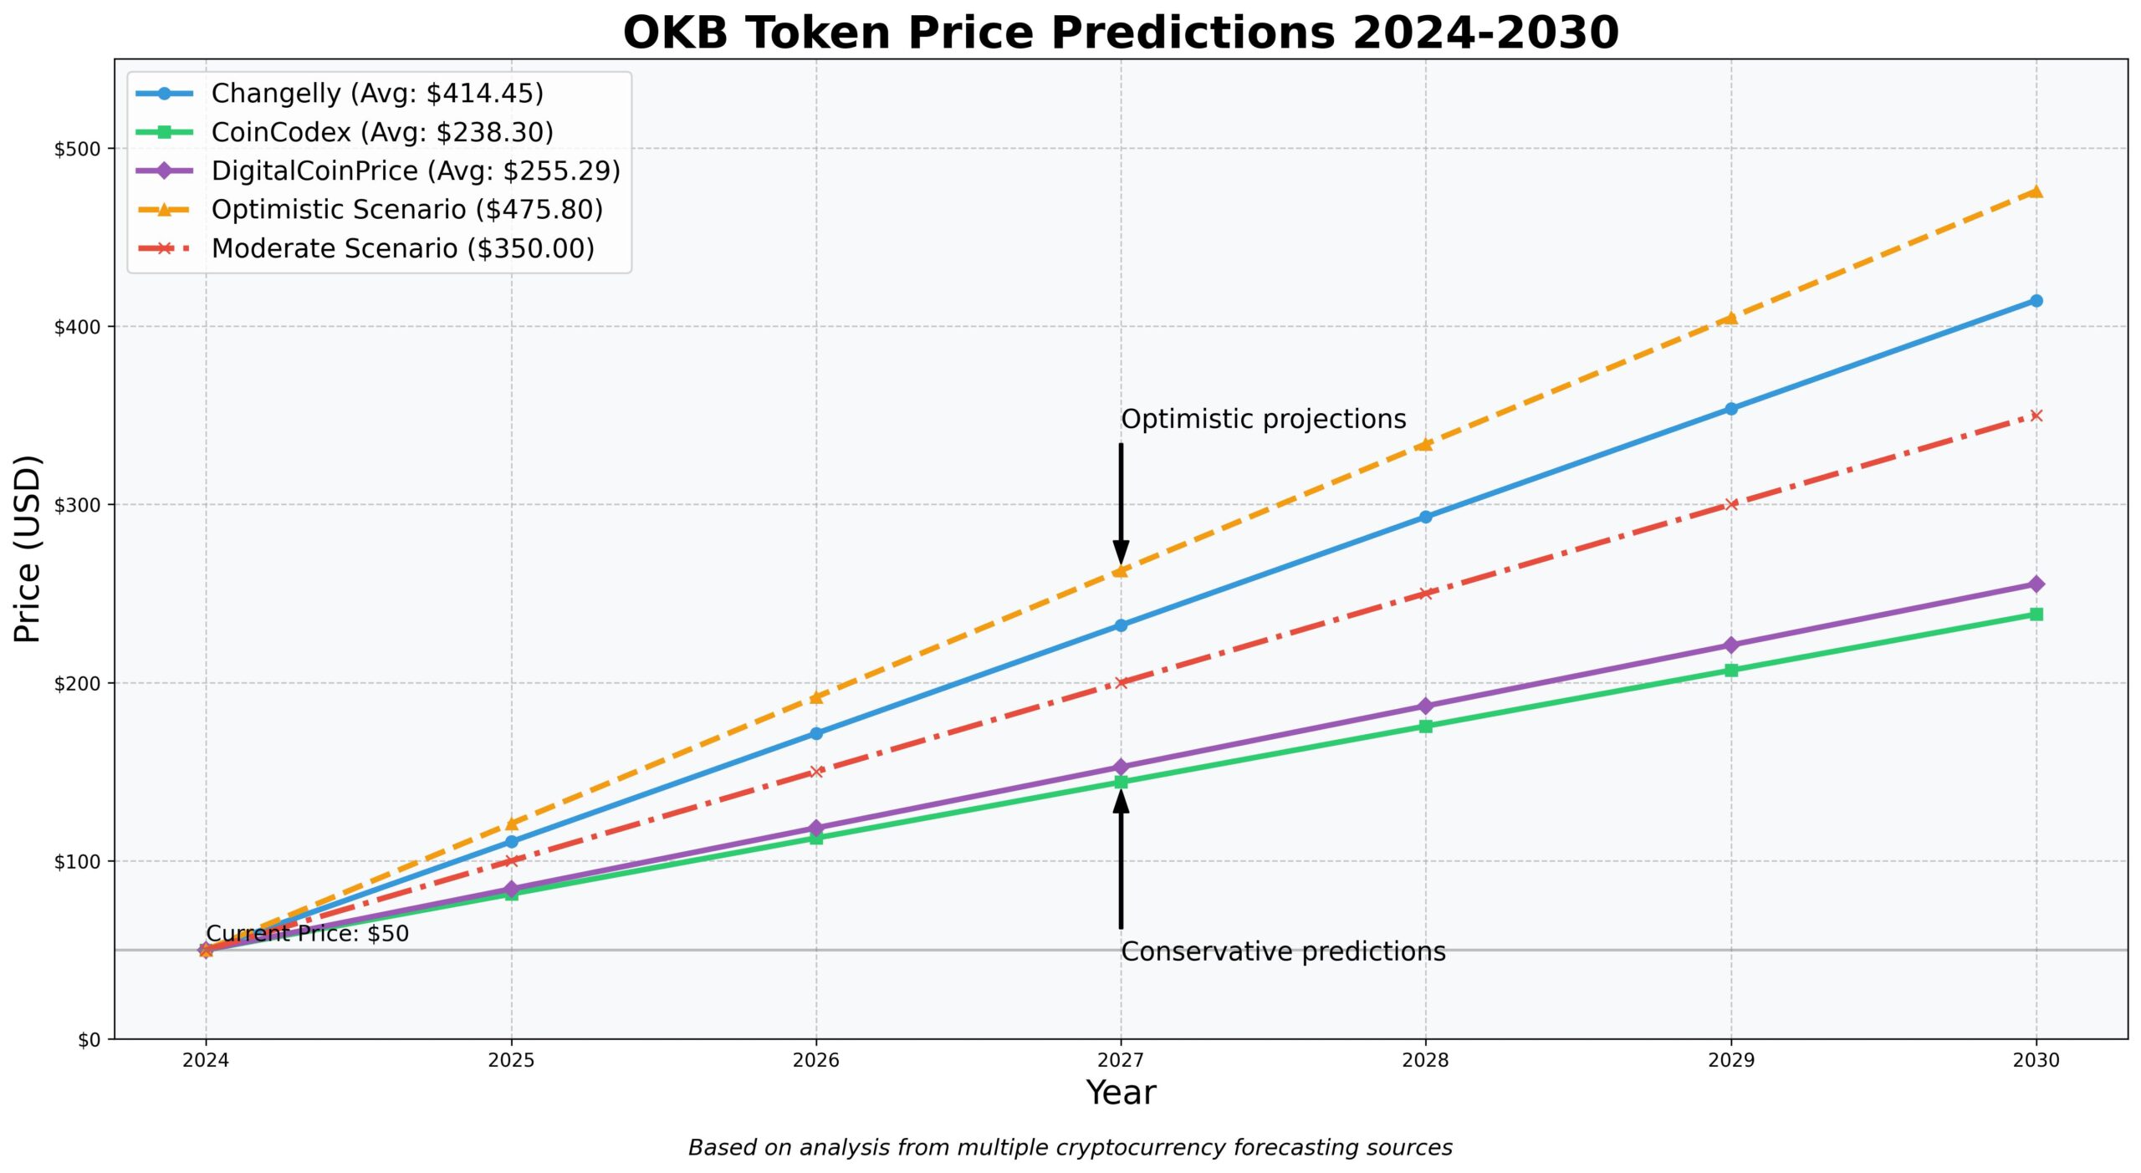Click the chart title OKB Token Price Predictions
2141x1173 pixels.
coord(1121,33)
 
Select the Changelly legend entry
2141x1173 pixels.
coord(376,94)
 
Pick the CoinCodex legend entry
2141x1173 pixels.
coord(381,132)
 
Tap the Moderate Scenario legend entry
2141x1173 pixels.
coord(402,248)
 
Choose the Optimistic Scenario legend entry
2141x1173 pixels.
coord(406,210)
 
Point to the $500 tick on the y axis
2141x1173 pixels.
coord(77,149)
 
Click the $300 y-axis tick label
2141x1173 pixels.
coord(77,505)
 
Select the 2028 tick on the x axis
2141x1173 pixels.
coord(1425,1061)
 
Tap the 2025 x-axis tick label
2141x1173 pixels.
coord(511,1061)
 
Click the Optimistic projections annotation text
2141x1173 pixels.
coord(1263,420)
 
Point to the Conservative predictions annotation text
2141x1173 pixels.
coord(1283,952)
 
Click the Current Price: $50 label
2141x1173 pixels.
coord(307,934)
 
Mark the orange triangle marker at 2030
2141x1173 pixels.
coord(2036,191)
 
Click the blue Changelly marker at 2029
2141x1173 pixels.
coord(1730,409)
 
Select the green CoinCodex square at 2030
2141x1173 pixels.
coord(2036,615)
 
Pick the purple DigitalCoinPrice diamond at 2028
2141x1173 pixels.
coord(1425,706)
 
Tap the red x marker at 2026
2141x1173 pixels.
coord(816,772)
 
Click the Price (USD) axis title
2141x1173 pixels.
coord(28,548)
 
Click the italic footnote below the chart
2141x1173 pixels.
coord(1070,1148)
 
